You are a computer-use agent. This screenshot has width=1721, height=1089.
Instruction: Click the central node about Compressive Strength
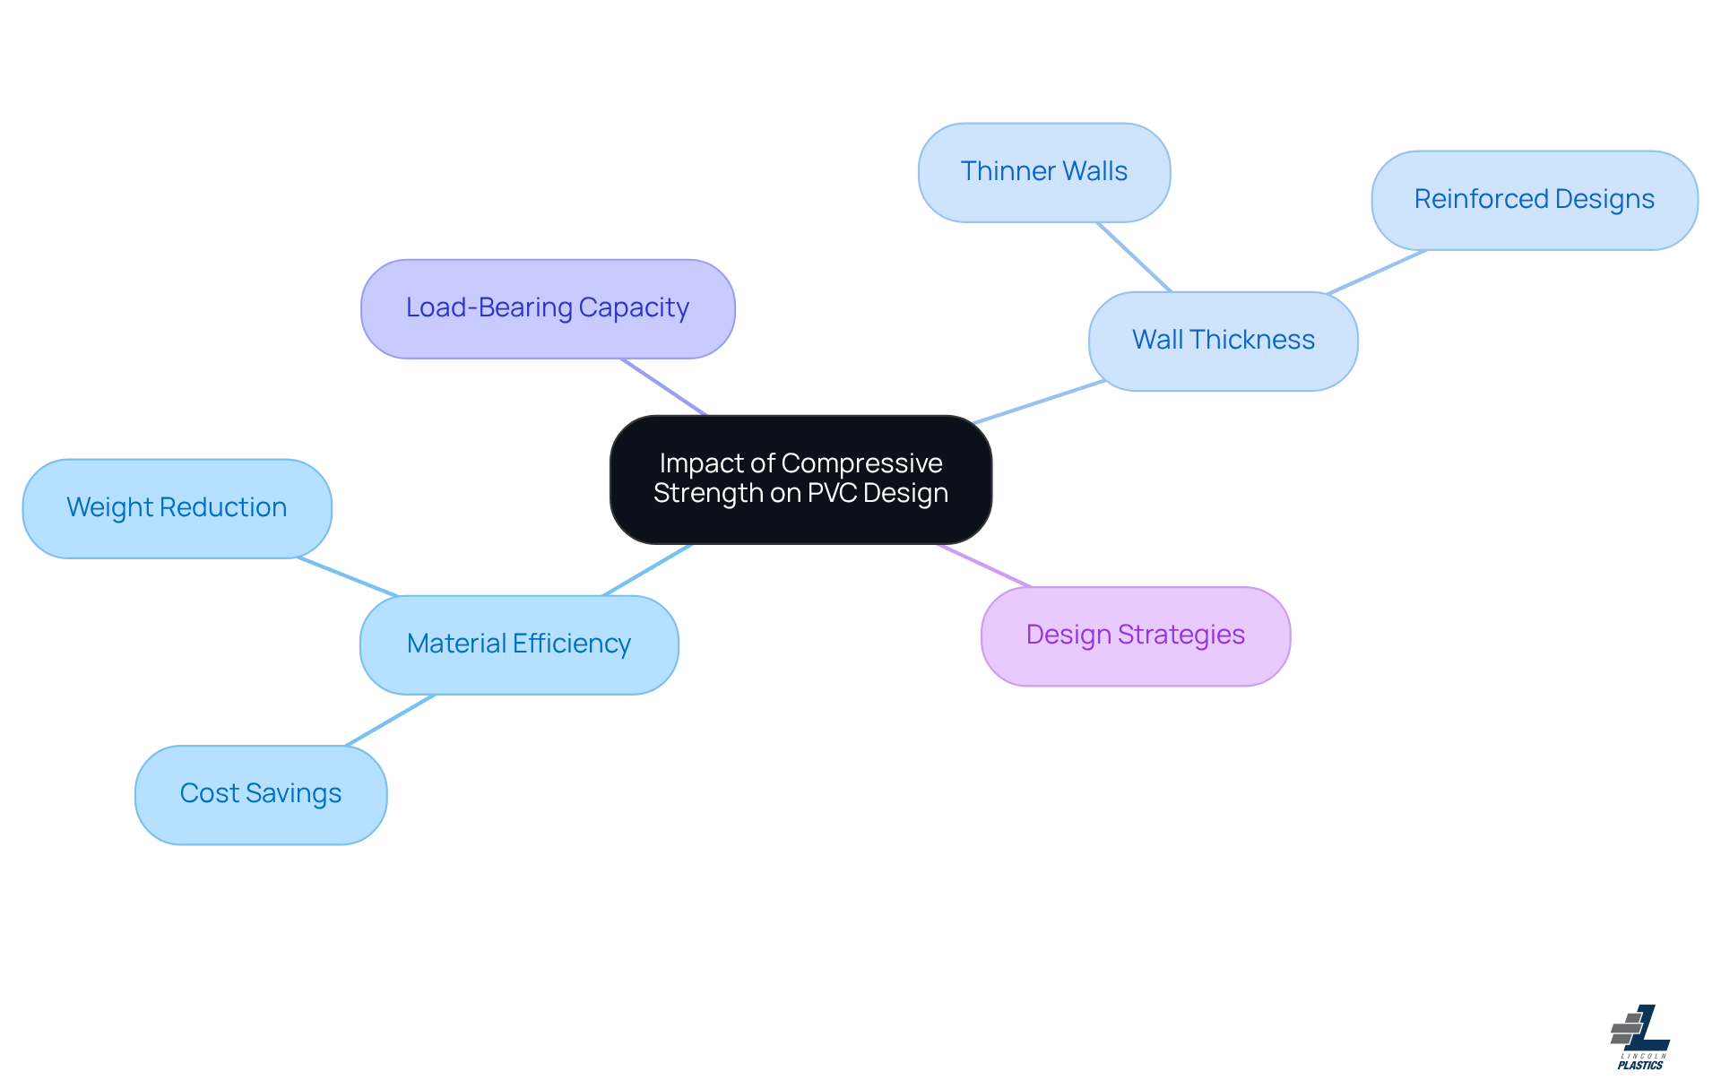[x=800, y=479]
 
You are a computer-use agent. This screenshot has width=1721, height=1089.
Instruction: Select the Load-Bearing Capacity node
[x=548, y=308]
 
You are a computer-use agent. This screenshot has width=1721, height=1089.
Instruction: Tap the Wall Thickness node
[x=1223, y=341]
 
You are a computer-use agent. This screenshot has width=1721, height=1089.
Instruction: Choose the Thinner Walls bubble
[x=1043, y=172]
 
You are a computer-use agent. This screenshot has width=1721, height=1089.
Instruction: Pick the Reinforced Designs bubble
[x=1534, y=200]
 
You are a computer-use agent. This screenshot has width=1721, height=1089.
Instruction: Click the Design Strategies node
[x=1135, y=635]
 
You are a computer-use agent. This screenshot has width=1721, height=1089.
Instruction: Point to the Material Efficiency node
[x=519, y=644]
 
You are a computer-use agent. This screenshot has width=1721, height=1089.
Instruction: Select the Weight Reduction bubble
[x=177, y=508]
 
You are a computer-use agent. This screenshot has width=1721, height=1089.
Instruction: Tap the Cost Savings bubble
[x=261, y=794]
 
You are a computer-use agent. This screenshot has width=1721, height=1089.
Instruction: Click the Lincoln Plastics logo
[x=1640, y=1037]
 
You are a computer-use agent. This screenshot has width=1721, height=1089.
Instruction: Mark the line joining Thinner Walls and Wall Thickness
[x=1134, y=257]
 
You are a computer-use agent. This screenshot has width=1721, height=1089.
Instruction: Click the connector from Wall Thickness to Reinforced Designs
[x=1377, y=272]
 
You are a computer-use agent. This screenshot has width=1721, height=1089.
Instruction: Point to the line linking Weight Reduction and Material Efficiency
[x=348, y=577]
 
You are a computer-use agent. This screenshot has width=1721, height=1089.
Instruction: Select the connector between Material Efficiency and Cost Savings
[x=391, y=720]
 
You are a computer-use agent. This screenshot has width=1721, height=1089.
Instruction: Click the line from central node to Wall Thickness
[x=1040, y=402]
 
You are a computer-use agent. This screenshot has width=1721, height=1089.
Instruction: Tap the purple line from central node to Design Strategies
[x=984, y=566]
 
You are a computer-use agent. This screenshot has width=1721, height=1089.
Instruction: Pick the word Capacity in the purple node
[x=634, y=307]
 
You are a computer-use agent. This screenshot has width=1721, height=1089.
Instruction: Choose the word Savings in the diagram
[x=293, y=793]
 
